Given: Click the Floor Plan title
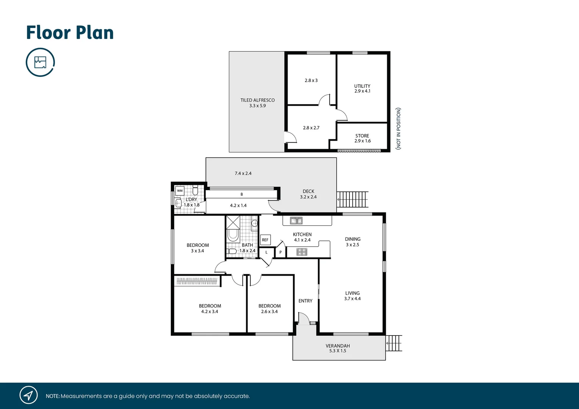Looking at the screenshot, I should [70, 33].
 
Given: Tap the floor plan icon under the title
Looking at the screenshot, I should [40, 62].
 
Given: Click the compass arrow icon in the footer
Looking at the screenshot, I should [28, 395].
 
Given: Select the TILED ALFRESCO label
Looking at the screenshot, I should [257, 100].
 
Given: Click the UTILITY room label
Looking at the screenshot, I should [362, 86].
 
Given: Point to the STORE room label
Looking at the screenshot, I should [362, 136].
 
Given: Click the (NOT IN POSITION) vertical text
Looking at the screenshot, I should [398, 128].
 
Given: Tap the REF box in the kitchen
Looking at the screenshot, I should [265, 240].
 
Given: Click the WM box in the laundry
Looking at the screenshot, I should [180, 190].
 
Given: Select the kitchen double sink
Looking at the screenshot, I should [296, 220].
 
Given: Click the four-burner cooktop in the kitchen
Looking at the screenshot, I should [302, 251].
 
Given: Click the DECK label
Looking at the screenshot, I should [308, 191].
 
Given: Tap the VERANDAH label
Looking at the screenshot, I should [338, 346].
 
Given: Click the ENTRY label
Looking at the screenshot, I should [305, 301].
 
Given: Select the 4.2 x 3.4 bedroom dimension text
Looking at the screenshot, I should [210, 312].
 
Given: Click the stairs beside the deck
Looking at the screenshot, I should [353, 199].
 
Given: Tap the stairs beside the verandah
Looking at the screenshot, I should [394, 343].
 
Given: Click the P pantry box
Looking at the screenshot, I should [280, 252].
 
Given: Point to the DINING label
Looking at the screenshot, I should [353, 239].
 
